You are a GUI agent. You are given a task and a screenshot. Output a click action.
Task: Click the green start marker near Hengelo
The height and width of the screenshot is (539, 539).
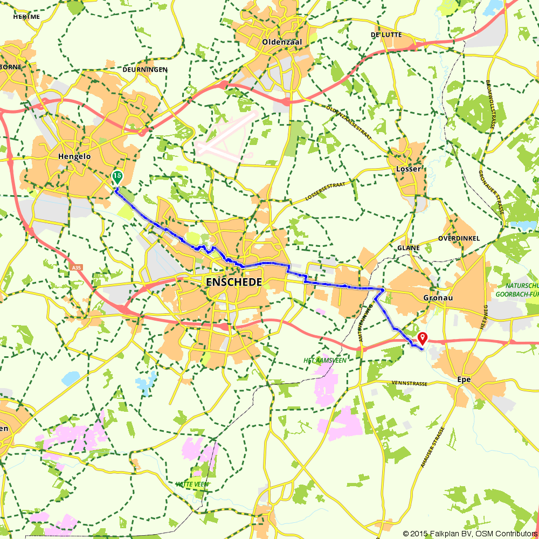tap(116, 177)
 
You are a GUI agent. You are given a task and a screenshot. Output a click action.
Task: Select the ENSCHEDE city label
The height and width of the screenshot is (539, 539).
tap(234, 282)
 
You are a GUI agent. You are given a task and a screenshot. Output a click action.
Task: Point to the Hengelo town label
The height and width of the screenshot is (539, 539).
tap(74, 156)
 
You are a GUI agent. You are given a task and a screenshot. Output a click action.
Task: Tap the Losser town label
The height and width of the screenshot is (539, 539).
tap(408, 169)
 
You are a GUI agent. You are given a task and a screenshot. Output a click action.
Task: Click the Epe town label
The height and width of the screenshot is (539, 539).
tap(464, 379)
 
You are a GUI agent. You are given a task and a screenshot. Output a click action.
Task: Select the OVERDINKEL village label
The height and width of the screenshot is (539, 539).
tap(459, 238)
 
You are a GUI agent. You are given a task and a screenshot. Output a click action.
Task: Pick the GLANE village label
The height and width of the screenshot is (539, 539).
tap(408, 248)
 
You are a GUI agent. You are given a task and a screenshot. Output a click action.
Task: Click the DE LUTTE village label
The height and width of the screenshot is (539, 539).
tap(383, 34)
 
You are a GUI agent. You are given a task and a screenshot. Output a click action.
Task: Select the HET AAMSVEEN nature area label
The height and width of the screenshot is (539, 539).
tap(323, 360)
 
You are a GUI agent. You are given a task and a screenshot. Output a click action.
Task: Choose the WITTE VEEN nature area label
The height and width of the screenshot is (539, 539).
tap(192, 484)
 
